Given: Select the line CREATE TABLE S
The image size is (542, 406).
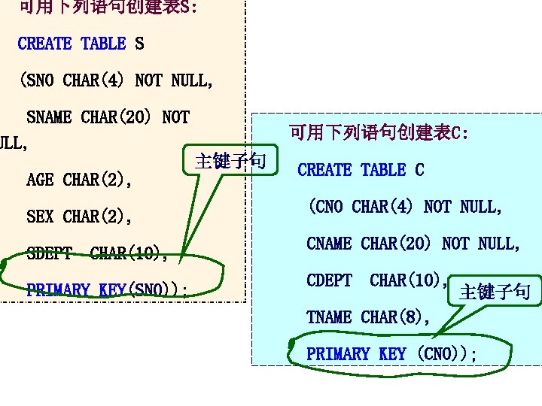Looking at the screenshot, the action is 81,44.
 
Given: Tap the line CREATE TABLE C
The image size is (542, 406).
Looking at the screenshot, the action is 361,170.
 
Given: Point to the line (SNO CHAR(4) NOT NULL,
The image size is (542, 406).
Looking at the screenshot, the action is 117,80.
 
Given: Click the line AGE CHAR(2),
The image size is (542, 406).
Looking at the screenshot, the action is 79,180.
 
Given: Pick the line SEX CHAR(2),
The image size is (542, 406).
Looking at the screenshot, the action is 79,217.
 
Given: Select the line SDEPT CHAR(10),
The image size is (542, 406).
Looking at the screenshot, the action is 97,253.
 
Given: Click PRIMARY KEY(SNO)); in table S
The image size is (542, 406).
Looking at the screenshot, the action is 107,289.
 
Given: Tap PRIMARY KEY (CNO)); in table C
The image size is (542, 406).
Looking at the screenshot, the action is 391,354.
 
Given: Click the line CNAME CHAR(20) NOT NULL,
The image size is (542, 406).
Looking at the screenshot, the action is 413,244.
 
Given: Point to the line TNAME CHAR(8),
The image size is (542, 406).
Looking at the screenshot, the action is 368,317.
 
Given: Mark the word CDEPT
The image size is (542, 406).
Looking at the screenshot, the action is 329,280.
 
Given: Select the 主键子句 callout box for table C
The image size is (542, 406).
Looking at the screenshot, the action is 495,292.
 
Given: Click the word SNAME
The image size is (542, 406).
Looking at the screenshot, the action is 49,117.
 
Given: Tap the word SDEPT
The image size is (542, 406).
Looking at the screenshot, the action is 49,253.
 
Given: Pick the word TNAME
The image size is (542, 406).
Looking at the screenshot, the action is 329,317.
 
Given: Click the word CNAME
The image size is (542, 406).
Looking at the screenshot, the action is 329,244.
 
